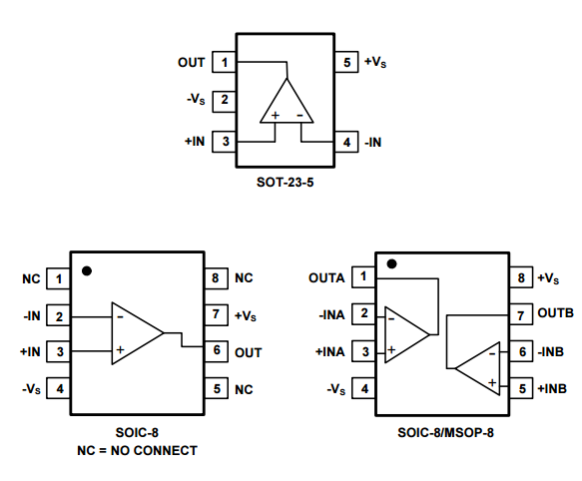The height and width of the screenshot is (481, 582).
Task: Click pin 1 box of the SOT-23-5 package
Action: tap(225, 62)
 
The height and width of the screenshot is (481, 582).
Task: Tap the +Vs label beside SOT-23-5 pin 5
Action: tap(375, 62)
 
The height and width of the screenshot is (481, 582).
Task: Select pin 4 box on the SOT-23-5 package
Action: tap(346, 142)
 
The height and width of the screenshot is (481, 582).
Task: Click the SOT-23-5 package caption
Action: tap(286, 183)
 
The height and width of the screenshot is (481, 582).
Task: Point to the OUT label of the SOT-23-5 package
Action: tap(191, 62)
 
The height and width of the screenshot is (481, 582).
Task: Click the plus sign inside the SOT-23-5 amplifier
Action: tap(276, 116)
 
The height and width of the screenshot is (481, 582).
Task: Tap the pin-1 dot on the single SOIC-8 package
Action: tap(87, 270)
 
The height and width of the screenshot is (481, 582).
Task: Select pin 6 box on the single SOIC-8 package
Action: tap(217, 351)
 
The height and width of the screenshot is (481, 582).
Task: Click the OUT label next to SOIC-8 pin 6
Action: tap(249, 352)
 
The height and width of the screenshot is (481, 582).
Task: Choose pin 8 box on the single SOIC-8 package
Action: tap(217, 278)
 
